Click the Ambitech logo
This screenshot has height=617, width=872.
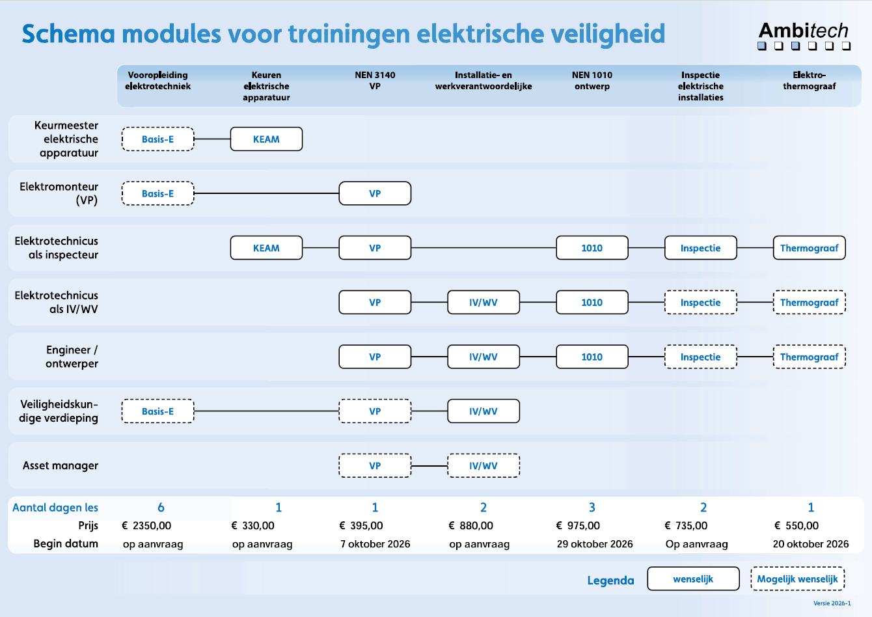pos(804,36)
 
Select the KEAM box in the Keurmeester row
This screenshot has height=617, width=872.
pos(266,139)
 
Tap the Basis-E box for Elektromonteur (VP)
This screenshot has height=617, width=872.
pos(157,193)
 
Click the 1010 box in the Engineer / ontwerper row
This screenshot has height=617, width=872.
pos(592,357)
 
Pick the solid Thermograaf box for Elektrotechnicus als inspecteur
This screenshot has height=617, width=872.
pos(809,248)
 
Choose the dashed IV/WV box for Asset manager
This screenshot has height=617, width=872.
pos(483,465)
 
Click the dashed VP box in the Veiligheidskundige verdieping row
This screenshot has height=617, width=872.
pos(375,411)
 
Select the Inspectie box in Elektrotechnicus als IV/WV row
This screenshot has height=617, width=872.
pos(700,303)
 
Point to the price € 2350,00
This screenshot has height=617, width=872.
pos(146,525)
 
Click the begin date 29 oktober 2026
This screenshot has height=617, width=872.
pos(594,544)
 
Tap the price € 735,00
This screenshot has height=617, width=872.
pos(686,525)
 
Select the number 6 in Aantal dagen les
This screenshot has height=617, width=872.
pos(161,507)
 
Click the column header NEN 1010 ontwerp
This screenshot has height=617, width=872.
pos(592,81)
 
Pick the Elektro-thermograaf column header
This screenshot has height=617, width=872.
pos(809,81)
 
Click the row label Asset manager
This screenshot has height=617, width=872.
pos(61,465)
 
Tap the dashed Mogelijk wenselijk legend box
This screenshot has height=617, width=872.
pos(797,579)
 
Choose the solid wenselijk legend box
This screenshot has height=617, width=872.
pos(693,579)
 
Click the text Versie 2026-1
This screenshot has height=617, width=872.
pos(832,603)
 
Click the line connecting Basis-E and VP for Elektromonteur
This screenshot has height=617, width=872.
pos(266,193)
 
